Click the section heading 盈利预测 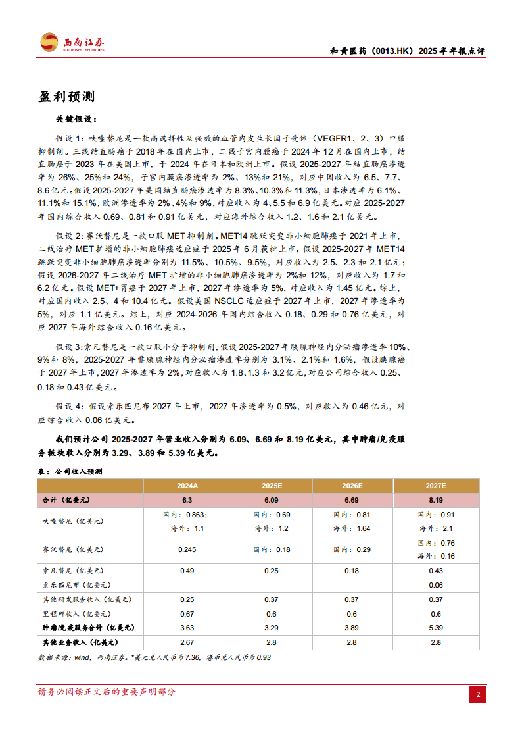pyautogui.click(x=66, y=97)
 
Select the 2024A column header pyautogui.click(x=187, y=486)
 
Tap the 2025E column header pyautogui.click(x=272, y=486)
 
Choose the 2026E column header pyautogui.click(x=352, y=486)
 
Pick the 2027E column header pyautogui.click(x=435, y=486)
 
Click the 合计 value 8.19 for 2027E pyautogui.click(x=435, y=500)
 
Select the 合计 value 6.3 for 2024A pyautogui.click(x=187, y=500)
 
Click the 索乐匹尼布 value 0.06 pyautogui.click(x=435, y=584)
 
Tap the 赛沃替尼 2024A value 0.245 pyautogui.click(x=187, y=549)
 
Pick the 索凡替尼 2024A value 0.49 pyautogui.click(x=187, y=570)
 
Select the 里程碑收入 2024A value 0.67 pyautogui.click(x=187, y=613)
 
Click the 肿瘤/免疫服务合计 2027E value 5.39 pyautogui.click(x=435, y=628)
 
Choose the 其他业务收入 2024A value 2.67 pyautogui.click(x=187, y=642)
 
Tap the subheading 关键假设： pyautogui.click(x=77, y=120)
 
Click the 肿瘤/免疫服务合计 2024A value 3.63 pyautogui.click(x=187, y=628)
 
